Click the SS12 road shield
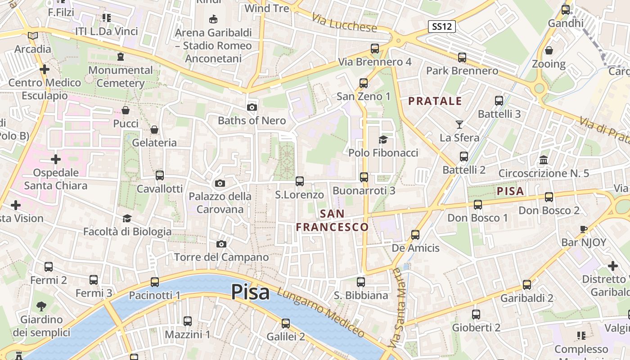click(x=441, y=27)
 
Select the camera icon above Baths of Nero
click(x=252, y=107)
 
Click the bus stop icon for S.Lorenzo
click(x=300, y=181)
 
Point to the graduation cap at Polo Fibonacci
click(x=383, y=139)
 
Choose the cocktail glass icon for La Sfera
click(x=459, y=124)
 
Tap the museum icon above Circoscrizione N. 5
click(x=544, y=160)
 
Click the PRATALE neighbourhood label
click(x=435, y=101)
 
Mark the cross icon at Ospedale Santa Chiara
click(x=56, y=159)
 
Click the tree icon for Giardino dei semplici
click(x=41, y=306)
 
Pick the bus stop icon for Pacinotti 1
click(x=155, y=282)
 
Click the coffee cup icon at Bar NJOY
click(x=584, y=229)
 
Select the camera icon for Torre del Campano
click(x=221, y=244)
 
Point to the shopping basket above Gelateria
click(x=154, y=130)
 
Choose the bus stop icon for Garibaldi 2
click(x=527, y=285)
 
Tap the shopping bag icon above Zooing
click(x=549, y=50)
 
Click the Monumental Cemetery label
click(x=121, y=76)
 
